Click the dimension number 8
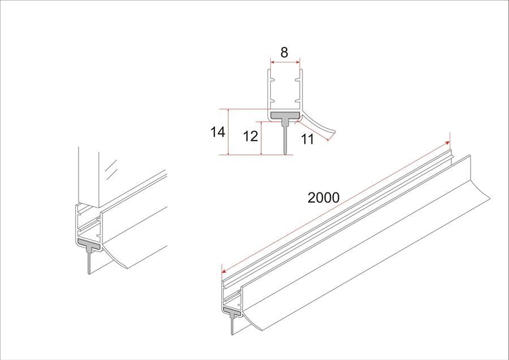(284, 52)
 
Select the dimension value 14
(218, 132)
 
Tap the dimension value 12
(251, 136)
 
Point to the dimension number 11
(308, 139)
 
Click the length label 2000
(323, 198)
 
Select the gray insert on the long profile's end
(232, 311)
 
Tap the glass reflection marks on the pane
(110, 168)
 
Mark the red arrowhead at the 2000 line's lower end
(224, 271)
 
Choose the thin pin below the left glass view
(89, 262)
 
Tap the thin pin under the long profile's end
(232, 325)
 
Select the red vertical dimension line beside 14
(229, 132)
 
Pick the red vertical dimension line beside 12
(261, 138)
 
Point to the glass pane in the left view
(88, 177)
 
